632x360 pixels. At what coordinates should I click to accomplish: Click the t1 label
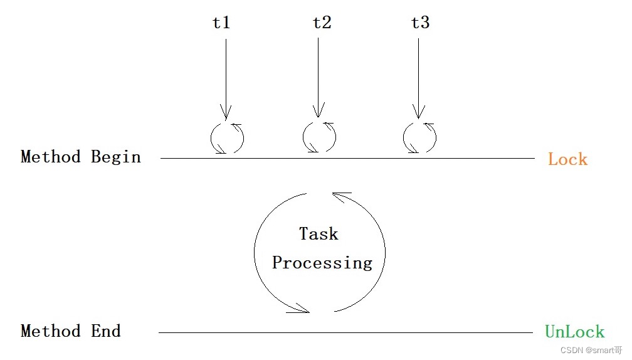pyautogui.click(x=221, y=23)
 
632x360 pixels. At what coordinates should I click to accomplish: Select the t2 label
pyautogui.click(x=322, y=23)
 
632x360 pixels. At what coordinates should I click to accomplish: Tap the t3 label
pyautogui.click(x=420, y=23)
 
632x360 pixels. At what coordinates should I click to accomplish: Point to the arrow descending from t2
pyautogui.click(x=318, y=75)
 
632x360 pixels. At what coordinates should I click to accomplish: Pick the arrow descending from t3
pyautogui.click(x=416, y=75)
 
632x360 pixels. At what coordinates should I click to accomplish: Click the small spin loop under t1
pyautogui.click(x=227, y=137)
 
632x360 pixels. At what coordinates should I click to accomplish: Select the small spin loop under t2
pyautogui.click(x=319, y=137)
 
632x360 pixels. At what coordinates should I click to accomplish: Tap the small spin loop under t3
pyautogui.click(x=419, y=137)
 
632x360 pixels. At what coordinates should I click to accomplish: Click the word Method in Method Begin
pyautogui.click(x=50, y=156)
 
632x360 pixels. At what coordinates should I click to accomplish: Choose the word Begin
pyautogui.click(x=116, y=157)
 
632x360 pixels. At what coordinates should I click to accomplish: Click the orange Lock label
pyautogui.click(x=567, y=159)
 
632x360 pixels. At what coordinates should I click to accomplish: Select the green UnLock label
pyautogui.click(x=574, y=332)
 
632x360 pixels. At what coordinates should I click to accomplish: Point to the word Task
pyautogui.click(x=319, y=234)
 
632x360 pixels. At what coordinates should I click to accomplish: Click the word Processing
pyautogui.click(x=322, y=263)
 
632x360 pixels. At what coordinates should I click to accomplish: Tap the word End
pyautogui.click(x=106, y=331)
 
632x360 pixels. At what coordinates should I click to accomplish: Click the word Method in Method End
pyautogui.click(x=50, y=331)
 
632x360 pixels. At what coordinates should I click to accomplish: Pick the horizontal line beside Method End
pyautogui.click(x=345, y=333)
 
